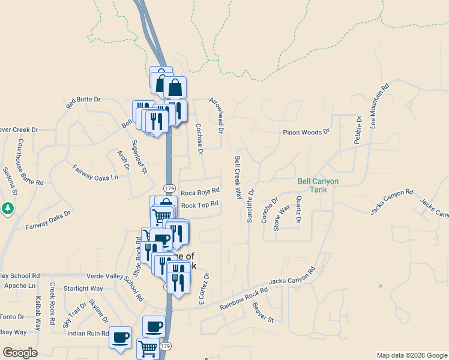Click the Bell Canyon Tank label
pyautogui.click(x=318, y=185)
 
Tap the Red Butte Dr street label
pyautogui.click(x=83, y=103)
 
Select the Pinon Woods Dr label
pyautogui.click(x=307, y=132)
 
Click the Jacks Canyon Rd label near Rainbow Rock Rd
pyautogui.click(x=292, y=277)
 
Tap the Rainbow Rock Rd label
pyautogui.click(x=244, y=299)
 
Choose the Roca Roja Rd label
pyautogui.click(x=200, y=192)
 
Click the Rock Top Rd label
pyautogui.click(x=199, y=204)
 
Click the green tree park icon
pyautogui.click(x=8, y=208)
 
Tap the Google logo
pyautogui.click(x=20, y=353)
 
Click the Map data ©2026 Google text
pyautogui.click(x=411, y=355)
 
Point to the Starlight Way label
pyautogui.click(x=83, y=289)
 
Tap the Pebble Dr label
pyautogui.click(x=358, y=128)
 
